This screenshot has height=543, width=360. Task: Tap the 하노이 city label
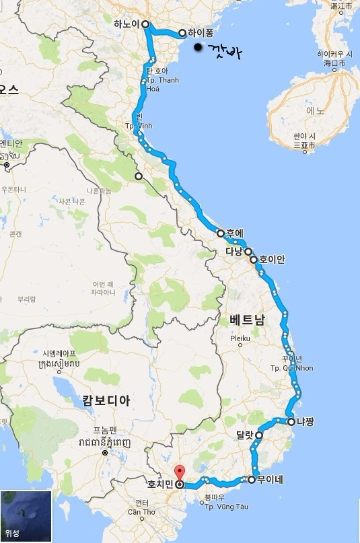pyautogui.click(x=127, y=24)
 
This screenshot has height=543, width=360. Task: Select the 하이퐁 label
pyautogui.click(x=201, y=33)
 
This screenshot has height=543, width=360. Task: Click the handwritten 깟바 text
pyautogui.click(x=224, y=51)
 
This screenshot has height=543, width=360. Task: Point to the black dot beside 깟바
pyautogui.click(x=197, y=48)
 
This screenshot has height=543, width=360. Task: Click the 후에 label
pyautogui.click(x=235, y=233)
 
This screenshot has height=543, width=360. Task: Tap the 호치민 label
pyautogui.click(x=160, y=484)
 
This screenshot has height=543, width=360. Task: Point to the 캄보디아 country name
pyautogui.click(x=106, y=400)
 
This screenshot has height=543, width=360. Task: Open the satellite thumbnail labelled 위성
pyautogui.click(x=26, y=516)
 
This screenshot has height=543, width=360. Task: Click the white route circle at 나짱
pyautogui.click(x=291, y=422)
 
